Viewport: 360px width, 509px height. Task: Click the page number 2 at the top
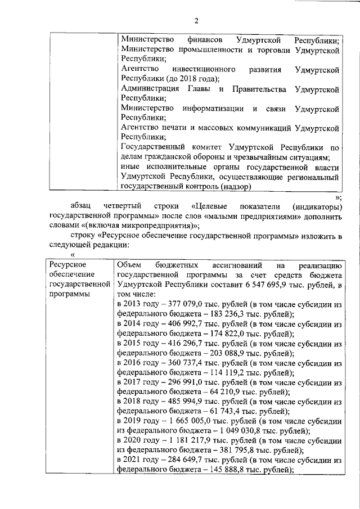tap(197, 21)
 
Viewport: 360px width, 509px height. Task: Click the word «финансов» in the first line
tap(202, 41)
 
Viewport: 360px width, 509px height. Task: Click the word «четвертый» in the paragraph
tap(122, 206)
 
